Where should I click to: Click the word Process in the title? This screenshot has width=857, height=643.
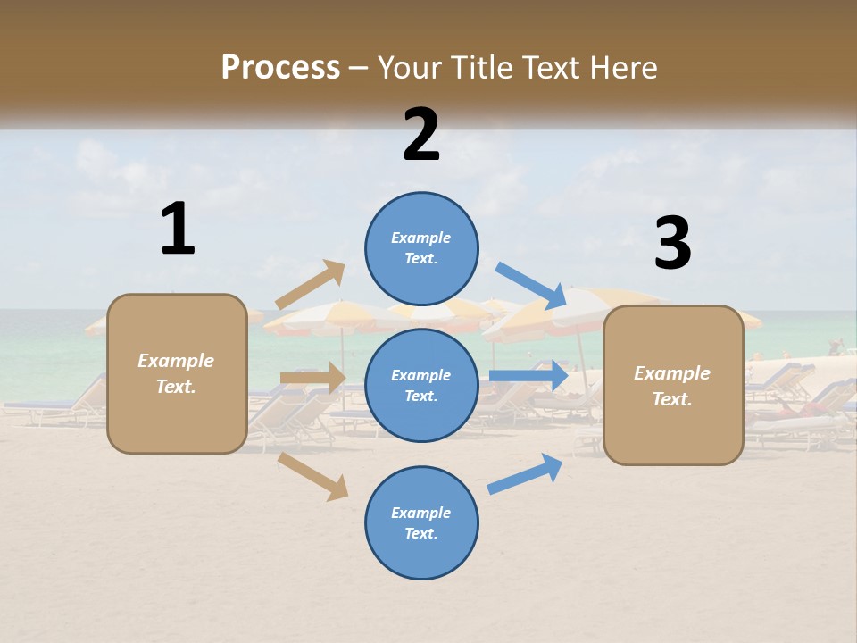(280, 68)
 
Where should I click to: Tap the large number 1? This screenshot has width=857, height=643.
(178, 229)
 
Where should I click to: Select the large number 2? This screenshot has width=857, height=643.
(421, 135)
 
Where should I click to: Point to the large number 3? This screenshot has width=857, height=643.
(672, 244)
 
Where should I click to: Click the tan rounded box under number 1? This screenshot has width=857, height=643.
(177, 373)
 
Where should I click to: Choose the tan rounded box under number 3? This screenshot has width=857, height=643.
(673, 385)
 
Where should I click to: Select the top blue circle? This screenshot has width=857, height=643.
(421, 248)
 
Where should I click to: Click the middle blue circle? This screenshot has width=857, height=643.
(421, 385)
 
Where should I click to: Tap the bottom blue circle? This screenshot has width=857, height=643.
(421, 522)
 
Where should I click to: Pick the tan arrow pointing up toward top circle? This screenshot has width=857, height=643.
(311, 284)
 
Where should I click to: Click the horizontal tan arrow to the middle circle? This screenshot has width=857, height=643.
(312, 378)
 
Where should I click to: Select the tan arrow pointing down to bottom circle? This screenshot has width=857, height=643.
(313, 476)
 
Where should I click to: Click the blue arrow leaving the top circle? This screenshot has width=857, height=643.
(532, 285)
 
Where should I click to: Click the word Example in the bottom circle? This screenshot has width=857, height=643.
(420, 513)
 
